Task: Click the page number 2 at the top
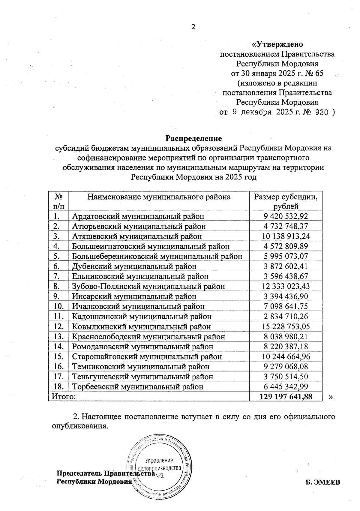193,27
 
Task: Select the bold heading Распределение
193,138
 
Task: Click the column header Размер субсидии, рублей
286,201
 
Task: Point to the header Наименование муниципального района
159,197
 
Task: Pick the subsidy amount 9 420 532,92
286,216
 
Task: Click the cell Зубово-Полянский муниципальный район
148,287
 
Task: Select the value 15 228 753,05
286,326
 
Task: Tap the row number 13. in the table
59,336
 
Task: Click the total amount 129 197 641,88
286,397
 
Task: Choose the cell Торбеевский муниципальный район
137,387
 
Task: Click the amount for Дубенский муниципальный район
286,266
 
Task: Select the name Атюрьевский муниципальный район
139,226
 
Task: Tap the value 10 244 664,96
286,356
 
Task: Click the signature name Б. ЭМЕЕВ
323,482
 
